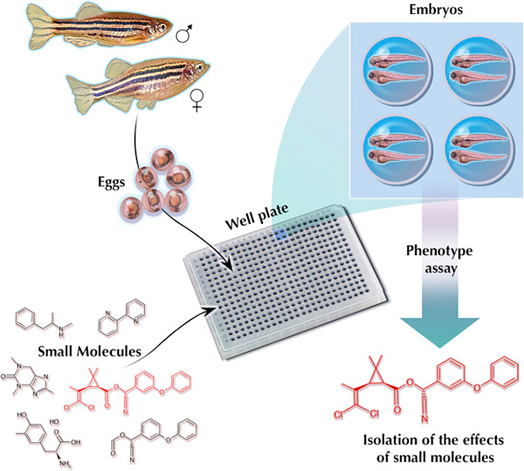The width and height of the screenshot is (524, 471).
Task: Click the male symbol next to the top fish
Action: [184, 35]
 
